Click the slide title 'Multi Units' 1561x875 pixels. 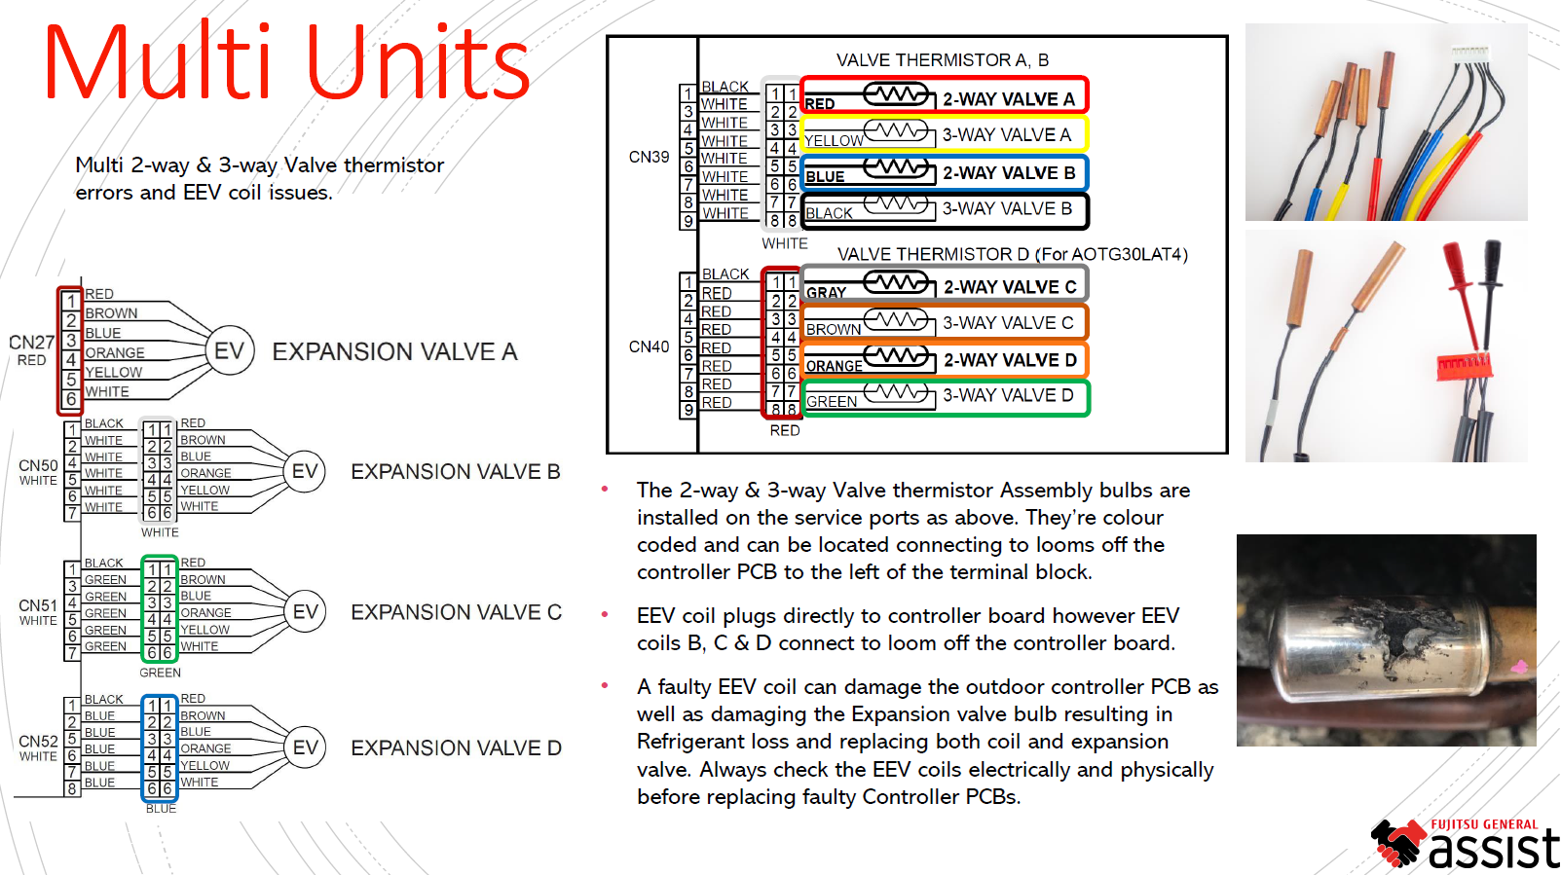click(287, 63)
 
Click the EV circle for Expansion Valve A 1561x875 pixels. click(230, 351)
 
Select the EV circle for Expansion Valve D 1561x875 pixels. click(305, 747)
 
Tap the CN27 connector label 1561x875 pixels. click(31, 343)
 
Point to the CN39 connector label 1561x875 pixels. click(649, 157)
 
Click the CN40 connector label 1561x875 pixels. click(649, 346)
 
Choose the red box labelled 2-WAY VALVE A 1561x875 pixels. click(944, 96)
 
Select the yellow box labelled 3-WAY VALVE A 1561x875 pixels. click(944, 134)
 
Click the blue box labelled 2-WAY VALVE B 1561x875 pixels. click(944, 173)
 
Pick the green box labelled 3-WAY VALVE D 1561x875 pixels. click(944, 397)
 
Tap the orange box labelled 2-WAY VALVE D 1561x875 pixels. click(944, 360)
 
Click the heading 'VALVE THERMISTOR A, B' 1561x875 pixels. click(942, 60)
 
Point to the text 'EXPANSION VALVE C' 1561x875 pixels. click(456, 612)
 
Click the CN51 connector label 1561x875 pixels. click(38, 605)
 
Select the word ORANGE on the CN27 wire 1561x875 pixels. click(115, 353)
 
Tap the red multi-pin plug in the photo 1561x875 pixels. click(1463, 366)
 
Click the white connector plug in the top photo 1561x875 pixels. click(1468, 51)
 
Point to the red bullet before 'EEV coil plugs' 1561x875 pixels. click(605, 615)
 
